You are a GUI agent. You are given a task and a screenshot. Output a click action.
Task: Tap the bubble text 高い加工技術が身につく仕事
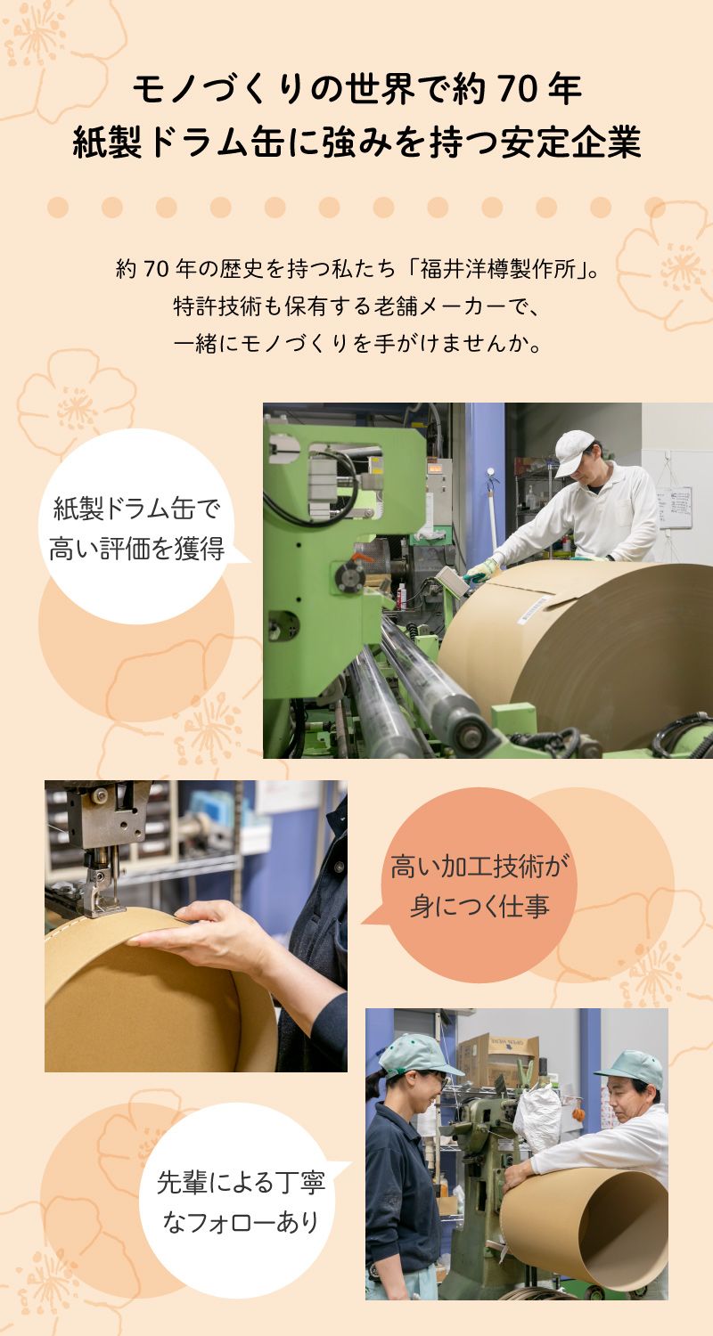[479, 885]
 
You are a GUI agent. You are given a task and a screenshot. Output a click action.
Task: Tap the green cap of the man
[631, 1067]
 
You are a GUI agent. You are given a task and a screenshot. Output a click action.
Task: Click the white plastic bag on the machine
[537, 1117]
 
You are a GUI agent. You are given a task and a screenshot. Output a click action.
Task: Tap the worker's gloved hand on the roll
[480, 571]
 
